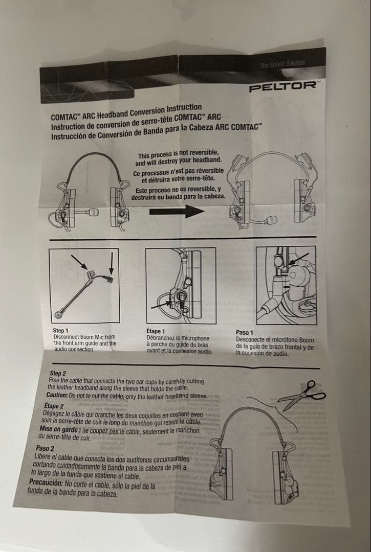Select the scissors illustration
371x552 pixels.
[x=305, y=394]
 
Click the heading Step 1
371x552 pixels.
[x=60, y=331]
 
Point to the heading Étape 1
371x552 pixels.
[x=156, y=332]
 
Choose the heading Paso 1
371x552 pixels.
[x=245, y=333]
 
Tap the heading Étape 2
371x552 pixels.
[x=54, y=406]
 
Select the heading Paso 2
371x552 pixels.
[x=45, y=448]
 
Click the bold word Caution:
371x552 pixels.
[x=57, y=395]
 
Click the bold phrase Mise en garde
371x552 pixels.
[x=61, y=429]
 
